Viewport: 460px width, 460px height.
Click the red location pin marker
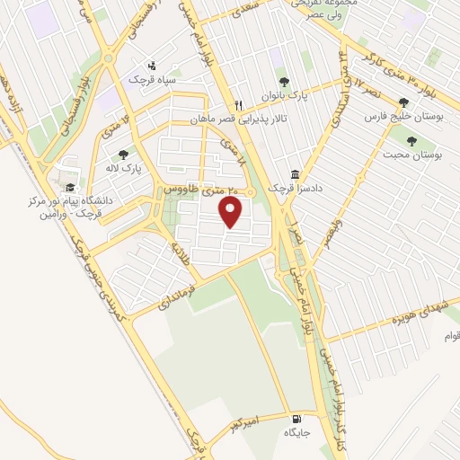pyautogui.click(x=232, y=212)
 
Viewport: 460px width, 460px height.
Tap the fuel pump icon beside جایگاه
pyautogui.click(x=296, y=418)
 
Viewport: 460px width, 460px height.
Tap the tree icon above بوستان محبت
pyautogui.click(x=412, y=140)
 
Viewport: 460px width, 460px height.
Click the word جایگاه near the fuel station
pyautogui.click(x=296, y=433)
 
